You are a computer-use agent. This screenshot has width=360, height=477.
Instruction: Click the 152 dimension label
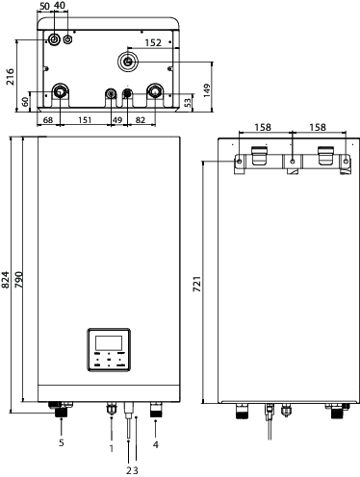point(153,42)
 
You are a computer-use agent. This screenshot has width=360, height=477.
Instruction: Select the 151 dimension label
point(85,119)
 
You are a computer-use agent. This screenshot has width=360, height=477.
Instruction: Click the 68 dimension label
point(48,119)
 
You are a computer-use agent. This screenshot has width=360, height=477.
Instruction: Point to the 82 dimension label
point(141,119)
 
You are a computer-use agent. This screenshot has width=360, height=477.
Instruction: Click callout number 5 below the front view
point(60,443)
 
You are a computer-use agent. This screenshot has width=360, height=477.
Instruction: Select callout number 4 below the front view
point(155,445)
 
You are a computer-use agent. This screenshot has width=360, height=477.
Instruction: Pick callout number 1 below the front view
point(111,448)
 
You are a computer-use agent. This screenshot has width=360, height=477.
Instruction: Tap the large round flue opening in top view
point(128,61)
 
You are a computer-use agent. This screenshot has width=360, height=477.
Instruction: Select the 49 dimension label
point(117,119)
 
